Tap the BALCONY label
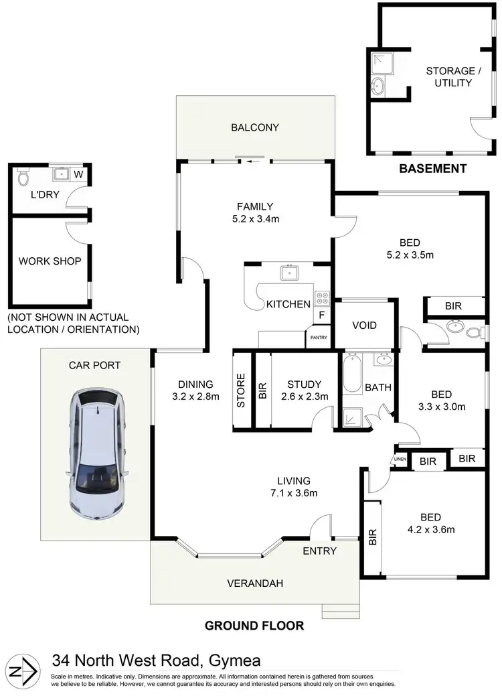click(254, 127)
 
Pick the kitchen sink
click(290, 272)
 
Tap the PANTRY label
click(318, 338)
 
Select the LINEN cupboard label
click(400, 459)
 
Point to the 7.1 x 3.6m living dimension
click(294, 494)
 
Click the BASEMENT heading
click(432, 169)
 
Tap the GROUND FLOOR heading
click(254, 626)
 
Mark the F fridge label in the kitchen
click(322, 314)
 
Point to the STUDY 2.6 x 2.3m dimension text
click(305, 397)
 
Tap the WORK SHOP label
click(50, 261)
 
